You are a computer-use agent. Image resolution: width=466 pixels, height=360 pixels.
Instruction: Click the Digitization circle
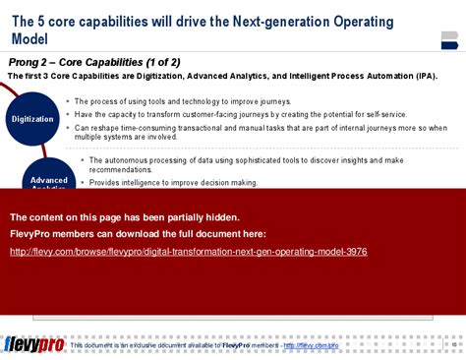tap(32, 119)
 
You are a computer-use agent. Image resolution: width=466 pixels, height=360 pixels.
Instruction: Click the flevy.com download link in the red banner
tap(188, 252)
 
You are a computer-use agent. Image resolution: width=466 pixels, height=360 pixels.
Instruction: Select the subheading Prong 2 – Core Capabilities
tap(93, 62)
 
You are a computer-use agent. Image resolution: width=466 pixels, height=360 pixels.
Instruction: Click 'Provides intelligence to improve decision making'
tap(173, 182)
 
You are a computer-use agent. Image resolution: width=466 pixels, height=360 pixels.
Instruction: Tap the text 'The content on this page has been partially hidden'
tap(124, 217)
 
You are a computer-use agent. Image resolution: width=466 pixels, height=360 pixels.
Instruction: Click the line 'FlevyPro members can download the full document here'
tap(137, 234)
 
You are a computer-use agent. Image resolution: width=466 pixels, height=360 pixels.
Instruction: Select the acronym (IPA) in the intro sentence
tap(426, 75)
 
